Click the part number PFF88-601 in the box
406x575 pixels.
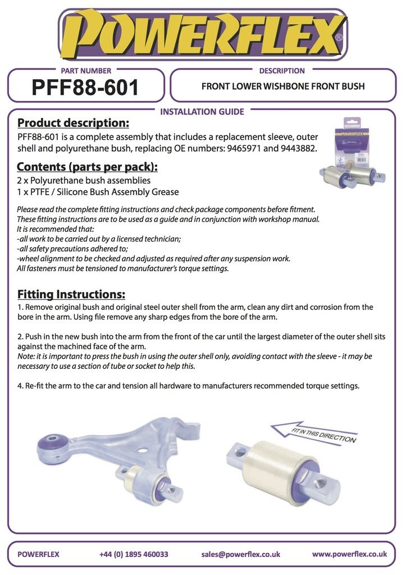(85, 87)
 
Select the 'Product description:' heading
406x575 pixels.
(74, 123)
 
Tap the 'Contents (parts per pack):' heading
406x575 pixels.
(87, 167)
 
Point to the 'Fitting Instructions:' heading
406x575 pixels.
(71, 294)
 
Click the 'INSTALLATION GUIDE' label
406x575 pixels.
(202, 112)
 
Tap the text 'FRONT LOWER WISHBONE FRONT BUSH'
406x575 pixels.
(283, 86)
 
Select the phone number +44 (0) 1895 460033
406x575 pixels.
(134, 554)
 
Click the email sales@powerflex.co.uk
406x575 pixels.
(240, 554)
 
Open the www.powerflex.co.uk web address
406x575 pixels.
(349, 554)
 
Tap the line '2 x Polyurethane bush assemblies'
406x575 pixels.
(84, 180)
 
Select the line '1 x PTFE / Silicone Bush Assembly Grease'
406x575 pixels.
(98, 192)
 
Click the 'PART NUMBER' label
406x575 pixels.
(86, 71)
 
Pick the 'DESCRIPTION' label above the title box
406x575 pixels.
(282, 71)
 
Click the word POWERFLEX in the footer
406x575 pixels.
(38, 554)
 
